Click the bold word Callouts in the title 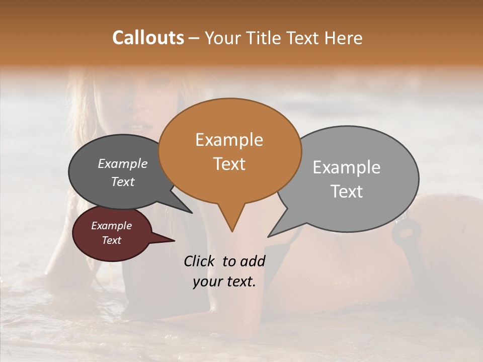[148, 38]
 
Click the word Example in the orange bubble [229, 140]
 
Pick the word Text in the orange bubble [229, 164]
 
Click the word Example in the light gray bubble [346, 167]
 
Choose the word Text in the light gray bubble [347, 192]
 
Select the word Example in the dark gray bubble [123, 163]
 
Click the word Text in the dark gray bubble [123, 182]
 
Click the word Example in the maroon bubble [111, 226]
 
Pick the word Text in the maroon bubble [111, 240]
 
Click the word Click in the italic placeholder [200, 261]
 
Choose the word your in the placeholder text [207, 282]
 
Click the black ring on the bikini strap [406, 232]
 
